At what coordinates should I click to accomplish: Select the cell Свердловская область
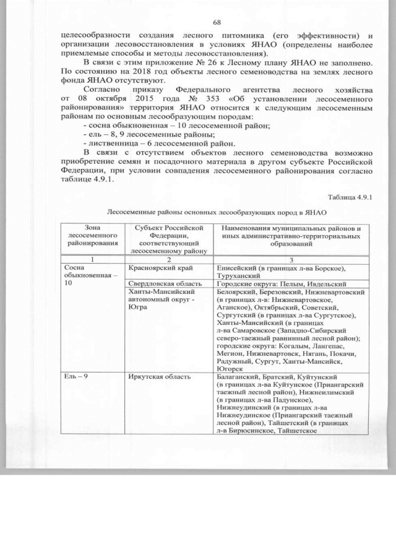(x=160, y=283)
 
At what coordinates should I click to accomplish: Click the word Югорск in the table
(x=232, y=368)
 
